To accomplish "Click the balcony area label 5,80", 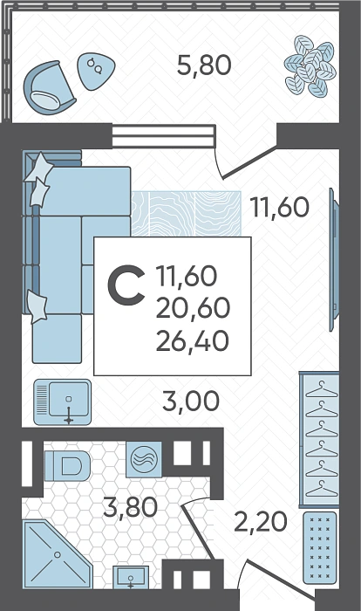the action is point(204,65).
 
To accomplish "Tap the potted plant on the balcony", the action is point(310,65).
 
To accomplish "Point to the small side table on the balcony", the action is point(96,71).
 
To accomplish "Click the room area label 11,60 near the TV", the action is point(280,207).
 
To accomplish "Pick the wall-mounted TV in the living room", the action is point(334,259).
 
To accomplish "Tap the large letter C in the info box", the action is point(126,285).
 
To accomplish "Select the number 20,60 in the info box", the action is point(193,308).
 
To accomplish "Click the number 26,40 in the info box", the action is point(193,341).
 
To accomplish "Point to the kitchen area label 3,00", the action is point(191,402).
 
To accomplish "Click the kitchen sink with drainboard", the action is point(62,402).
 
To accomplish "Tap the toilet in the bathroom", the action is point(68,465).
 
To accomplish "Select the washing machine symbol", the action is point(144,459).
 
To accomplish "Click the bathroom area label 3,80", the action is point(131,507).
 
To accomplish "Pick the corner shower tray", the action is point(58,553).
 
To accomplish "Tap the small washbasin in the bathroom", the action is point(131,578).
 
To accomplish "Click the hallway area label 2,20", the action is point(261,522).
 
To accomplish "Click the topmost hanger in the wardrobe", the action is point(321,389).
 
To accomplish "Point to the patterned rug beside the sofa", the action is point(186,214).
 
